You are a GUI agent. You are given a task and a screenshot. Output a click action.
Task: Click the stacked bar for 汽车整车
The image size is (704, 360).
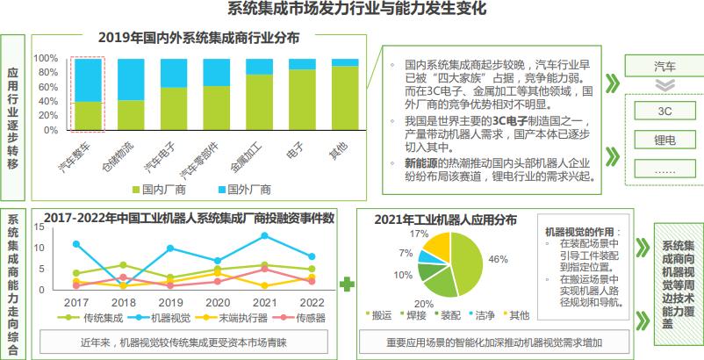click(89, 94)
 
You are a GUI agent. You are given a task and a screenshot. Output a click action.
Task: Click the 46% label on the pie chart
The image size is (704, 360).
click(498, 259)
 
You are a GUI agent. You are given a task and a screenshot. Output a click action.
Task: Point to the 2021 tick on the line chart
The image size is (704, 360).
click(265, 302)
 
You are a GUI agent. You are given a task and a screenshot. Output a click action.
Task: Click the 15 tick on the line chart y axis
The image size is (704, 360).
click(39, 227)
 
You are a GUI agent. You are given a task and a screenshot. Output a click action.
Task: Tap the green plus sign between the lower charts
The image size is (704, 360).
click(347, 284)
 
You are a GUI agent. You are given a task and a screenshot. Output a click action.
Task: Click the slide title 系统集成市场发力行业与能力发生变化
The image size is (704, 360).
click(352, 11)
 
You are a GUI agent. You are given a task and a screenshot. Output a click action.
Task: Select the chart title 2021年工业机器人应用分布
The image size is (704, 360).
click(445, 219)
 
